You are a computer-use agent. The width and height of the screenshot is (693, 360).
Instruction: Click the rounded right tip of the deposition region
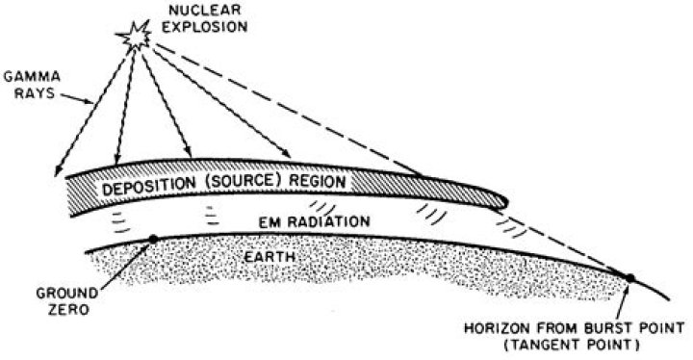point(500,198)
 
